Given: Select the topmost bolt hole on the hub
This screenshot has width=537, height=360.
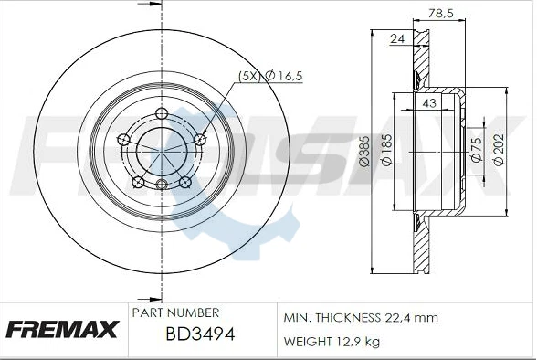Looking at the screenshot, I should coord(162,114).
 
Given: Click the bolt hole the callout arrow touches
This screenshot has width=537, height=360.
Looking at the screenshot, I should coord(200,139).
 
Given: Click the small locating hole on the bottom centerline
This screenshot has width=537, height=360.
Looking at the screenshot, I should coord(162,186).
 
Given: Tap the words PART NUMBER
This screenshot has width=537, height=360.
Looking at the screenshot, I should coord(174,312).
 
